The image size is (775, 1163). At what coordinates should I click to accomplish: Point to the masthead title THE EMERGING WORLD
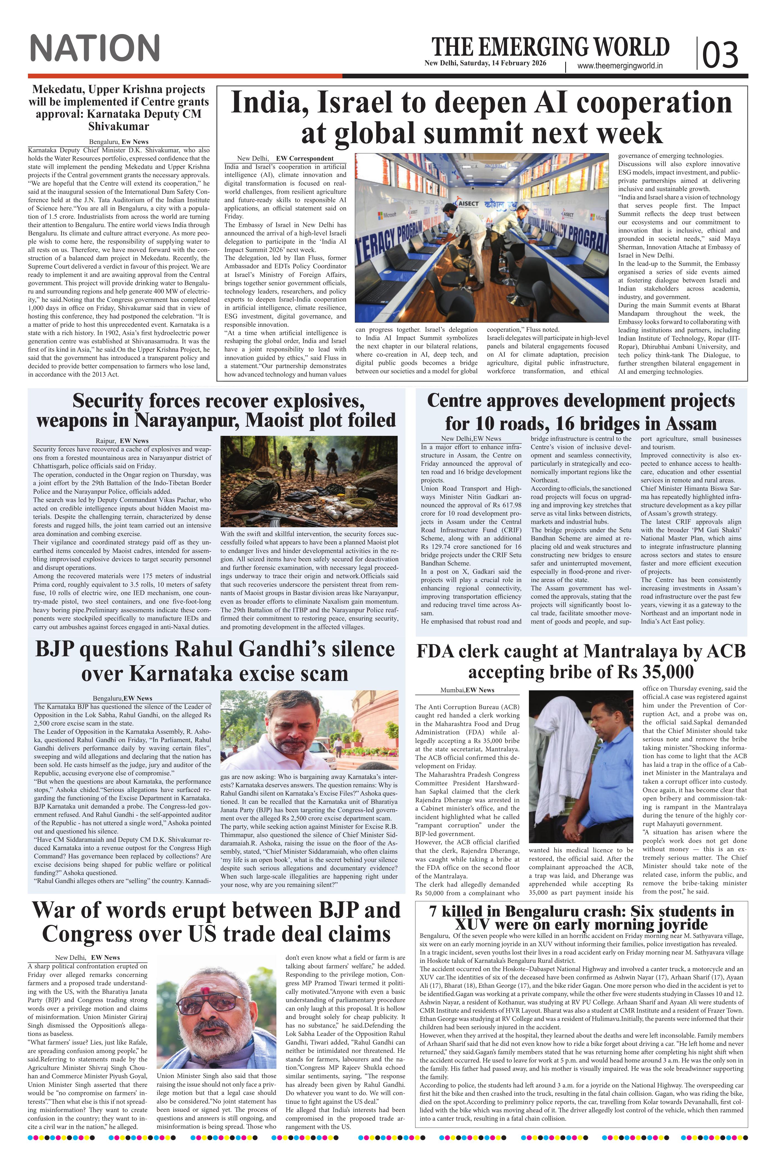[x=550, y=47]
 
